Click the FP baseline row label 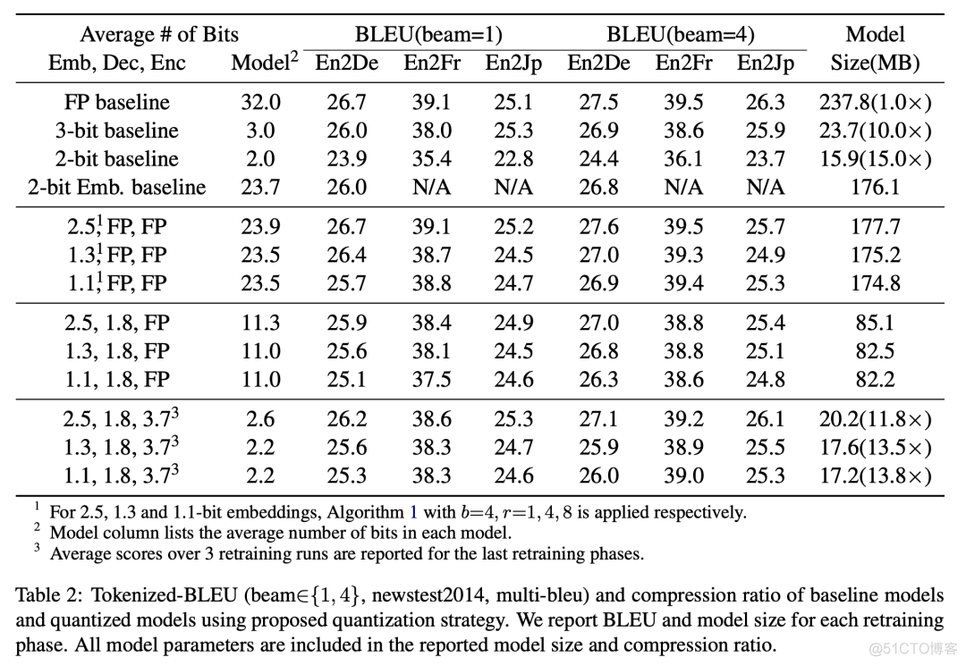(x=116, y=103)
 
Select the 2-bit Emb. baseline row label (x=116, y=188)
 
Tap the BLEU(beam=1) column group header (x=428, y=35)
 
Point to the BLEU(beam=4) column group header (x=681, y=35)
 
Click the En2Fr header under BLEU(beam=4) (x=683, y=63)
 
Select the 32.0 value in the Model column (x=260, y=103)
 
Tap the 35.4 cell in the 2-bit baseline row (x=431, y=159)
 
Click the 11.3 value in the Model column (x=260, y=323)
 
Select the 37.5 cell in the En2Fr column (x=431, y=379)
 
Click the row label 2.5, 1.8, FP (x=116, y=323)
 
